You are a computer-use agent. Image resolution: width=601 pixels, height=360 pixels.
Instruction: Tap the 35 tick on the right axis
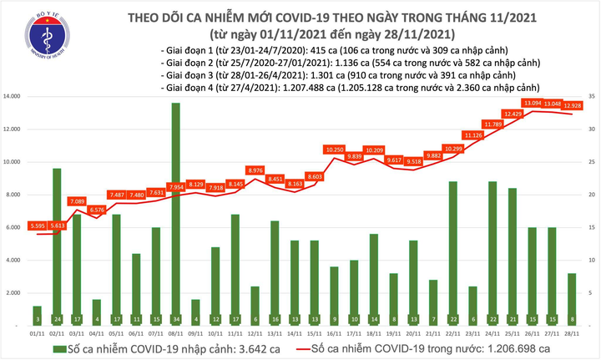point(591,97)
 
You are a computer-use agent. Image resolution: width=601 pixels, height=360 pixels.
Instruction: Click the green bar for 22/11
point(452,251)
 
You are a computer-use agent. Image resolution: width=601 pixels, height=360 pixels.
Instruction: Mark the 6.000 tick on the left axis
point(15,227)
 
